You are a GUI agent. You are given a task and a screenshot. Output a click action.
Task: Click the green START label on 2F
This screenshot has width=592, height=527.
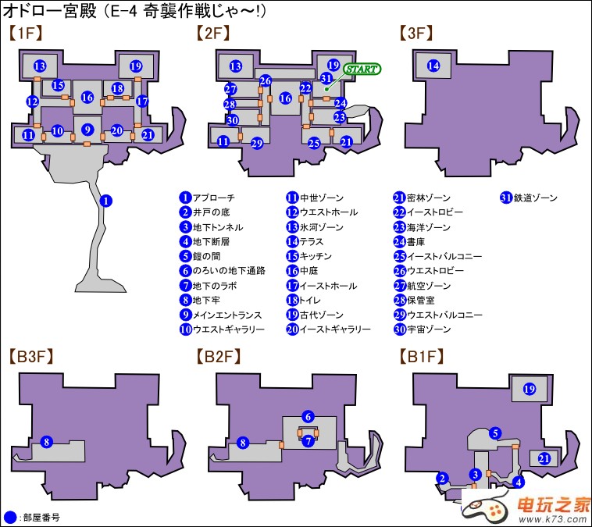(x=361, y=69)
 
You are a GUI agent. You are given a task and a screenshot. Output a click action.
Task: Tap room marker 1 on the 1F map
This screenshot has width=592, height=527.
(x=107, y=201)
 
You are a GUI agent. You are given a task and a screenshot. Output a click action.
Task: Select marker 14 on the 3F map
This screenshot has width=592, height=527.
(x=433, y=66)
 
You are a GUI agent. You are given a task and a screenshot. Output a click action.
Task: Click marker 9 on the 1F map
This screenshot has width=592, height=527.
(x=87, y=130)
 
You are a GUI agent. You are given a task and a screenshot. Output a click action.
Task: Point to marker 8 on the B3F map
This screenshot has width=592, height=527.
(x=46, y=443)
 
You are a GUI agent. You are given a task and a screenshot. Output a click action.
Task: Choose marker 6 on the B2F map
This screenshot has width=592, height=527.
(x=308, y=416)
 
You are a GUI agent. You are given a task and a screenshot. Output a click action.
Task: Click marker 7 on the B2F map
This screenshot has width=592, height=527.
(x=308, y=442)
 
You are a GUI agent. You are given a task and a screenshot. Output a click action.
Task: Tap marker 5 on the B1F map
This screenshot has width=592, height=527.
(x=494, y=433)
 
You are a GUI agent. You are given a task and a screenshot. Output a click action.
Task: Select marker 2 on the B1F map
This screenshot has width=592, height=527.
(x=443, y=478)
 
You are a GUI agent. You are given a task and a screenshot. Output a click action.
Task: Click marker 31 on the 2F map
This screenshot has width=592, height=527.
(x=326, y=77)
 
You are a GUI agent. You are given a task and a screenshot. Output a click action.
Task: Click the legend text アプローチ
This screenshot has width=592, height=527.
(x=214, y=198)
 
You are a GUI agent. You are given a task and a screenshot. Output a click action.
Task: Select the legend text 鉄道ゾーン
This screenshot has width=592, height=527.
(x=536, y=198)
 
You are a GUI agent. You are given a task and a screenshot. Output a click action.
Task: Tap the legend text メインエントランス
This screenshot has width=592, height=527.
(x=223, y=315)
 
